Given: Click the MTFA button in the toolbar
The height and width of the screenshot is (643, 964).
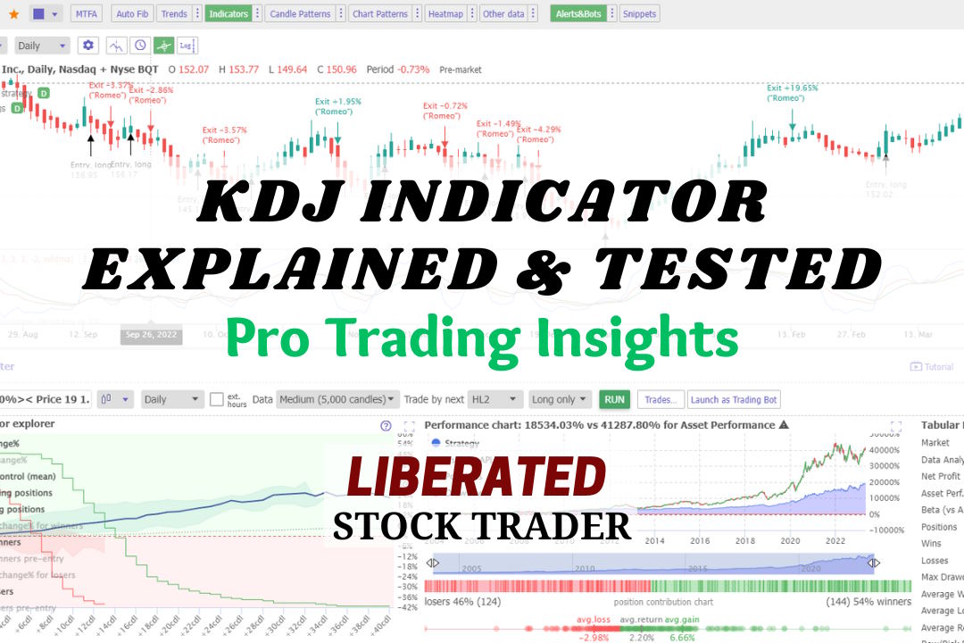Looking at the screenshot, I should (x=86, y=13).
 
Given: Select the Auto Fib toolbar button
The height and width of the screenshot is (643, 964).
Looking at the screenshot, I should (x=132, y=13).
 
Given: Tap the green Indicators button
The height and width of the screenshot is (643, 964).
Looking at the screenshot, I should (x=228, y=13).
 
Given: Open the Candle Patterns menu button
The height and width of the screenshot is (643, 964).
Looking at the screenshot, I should (x=300, y=13).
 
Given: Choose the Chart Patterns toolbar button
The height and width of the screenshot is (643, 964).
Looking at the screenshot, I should (x=379, y=13).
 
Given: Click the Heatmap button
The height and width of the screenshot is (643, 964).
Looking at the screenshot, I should (x=445, y=13).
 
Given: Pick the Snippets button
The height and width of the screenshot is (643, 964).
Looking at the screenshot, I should (x=639, y=13).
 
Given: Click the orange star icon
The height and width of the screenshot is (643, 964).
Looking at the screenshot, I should (x=13, y=13).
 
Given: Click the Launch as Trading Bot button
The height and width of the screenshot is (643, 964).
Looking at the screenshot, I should (x=734, y=399).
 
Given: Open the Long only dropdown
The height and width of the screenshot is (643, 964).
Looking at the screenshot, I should (x=560, y=399).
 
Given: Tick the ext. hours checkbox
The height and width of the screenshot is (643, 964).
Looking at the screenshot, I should (x=217, y=399).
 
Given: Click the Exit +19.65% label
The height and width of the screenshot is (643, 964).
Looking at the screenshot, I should (x=793, y=88).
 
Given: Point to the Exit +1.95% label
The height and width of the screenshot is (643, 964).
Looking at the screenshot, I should (x=337, y=102).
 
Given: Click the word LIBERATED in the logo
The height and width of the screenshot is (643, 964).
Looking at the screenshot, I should (x=476, y=478).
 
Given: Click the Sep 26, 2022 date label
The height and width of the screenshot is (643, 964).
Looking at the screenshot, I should (x=153, y=334).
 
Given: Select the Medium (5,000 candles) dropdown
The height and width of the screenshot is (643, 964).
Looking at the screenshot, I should (x=337, y=399).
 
